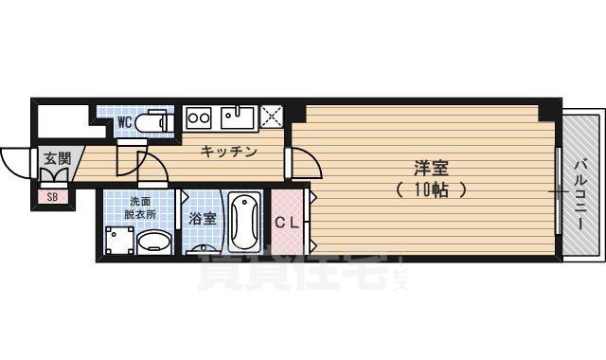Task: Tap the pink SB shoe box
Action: [x=50, y=197]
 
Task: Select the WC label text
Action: [x=124, y=122]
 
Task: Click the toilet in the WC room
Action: [x=151, y=122]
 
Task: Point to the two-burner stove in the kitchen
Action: [x=199, y=117]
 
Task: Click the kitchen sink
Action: [x=238, y=117]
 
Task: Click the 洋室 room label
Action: [x=431, y=169]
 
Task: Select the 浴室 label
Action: [x=202, y=219]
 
